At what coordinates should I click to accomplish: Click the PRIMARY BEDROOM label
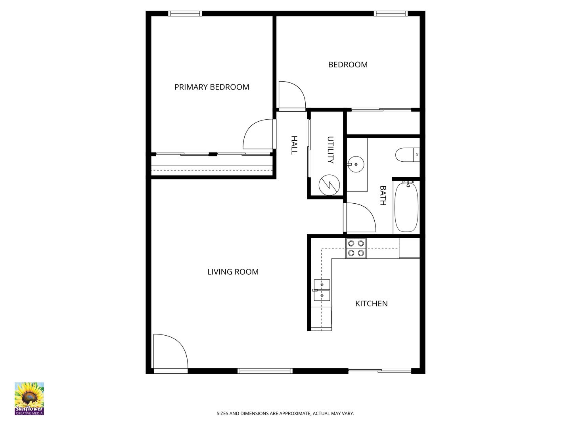pyautogui.click(x=212, y=87)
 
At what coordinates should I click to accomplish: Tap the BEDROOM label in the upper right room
pyautogui.click(x=348, y=65)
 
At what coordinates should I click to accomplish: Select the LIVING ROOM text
pyautogui.click(x=233, y=272)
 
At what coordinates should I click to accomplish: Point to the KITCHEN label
pyautogui.click(x=371, y=304)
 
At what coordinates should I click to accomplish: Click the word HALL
pyautogui.click(x=294, y=145)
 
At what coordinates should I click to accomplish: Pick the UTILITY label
pyautogui.click(x=330, y=150)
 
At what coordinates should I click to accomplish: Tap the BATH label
pyautogui.click(x=383, y=195)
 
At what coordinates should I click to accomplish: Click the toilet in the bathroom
pyautogui.click(x=407, y=155)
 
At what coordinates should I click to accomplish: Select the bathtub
pyautogui.click(x=406, y=207)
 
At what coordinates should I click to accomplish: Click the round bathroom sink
pyautogui.click(x=356, y=164)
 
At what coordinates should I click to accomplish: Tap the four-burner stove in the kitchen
pyautogui.click(x=356, y=248)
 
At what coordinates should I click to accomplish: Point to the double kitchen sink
pyautogui.click(x=322, y=290)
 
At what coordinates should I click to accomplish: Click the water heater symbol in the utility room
pyautogui.click(x=330, y=185)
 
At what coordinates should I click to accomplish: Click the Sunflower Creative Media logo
pyautogui.click(x=29, y=399)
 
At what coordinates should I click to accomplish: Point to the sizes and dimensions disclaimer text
pyautogui.click(x=285, y=413)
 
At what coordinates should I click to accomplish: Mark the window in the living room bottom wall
pyautogui.click(x=265, y=371)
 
